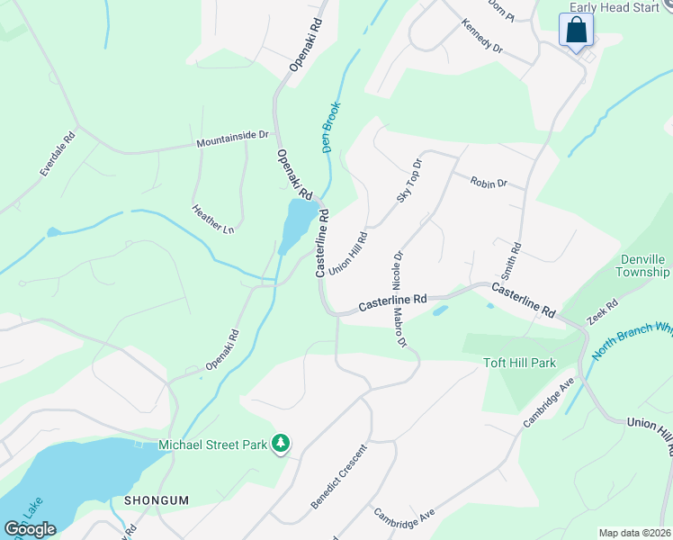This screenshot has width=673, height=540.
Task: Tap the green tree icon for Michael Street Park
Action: click(x=282, y=443)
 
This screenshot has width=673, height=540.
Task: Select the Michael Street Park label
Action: click(x=214, y=445)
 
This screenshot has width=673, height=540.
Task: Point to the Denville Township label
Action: click(x=633, y=265)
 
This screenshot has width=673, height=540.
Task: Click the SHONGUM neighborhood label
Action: click(x=159, y=499)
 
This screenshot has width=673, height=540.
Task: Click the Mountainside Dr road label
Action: click(x=233, y=139)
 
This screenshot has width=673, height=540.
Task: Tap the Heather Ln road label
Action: click(x=213, y=220)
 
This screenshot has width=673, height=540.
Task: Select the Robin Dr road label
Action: click(x=489, y=182)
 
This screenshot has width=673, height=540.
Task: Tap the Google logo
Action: click(x=30, y=528)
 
